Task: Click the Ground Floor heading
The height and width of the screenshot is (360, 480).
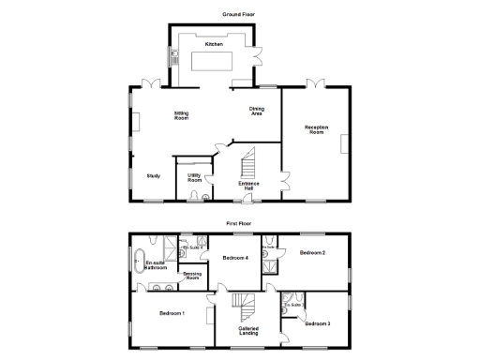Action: [x=239, y=15]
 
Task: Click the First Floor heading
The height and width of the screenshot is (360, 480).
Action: [x=239, y=224]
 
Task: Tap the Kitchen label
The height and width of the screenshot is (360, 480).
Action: [x=213, y=44]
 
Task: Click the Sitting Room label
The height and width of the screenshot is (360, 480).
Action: [x=181, y=116]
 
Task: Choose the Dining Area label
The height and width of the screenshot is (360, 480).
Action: [x=256, y=111]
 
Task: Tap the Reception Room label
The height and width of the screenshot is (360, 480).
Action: [x=315, y=129]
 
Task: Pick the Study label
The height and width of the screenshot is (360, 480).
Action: [x=153, y=175]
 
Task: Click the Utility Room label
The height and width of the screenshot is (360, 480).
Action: [x=195, y=176]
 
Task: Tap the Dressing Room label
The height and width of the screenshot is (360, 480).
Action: [x=193, y=276]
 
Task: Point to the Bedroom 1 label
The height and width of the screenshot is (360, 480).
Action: [x=172, y=312]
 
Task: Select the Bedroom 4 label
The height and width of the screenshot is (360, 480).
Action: [x=233, y=257]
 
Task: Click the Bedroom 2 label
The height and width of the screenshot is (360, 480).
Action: [x=312, y=253]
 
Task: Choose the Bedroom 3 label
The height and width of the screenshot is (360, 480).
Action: [x=317, y=323]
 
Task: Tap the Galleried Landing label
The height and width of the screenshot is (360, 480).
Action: [x=248, y=331]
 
